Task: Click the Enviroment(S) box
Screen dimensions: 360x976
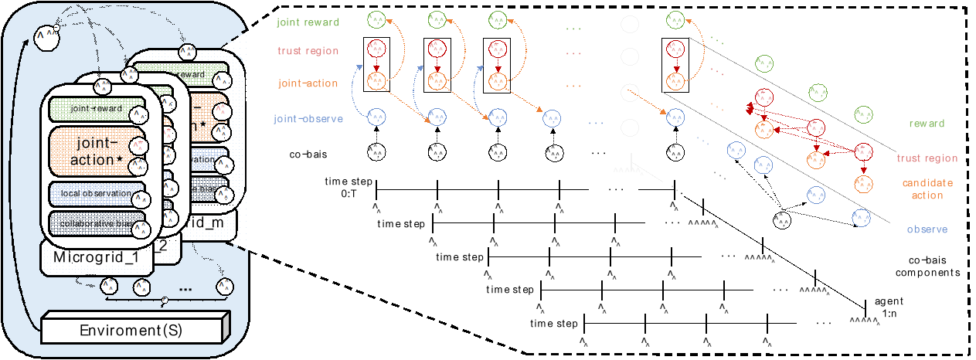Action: (x=131, y=331)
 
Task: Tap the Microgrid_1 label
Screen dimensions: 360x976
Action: (x=96, y=256)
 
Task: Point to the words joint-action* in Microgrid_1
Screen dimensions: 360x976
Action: (x=96, y=151)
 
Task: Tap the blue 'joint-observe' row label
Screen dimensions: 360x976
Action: (x=308, y=119)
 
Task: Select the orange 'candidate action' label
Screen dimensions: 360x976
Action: (x=926, y=189)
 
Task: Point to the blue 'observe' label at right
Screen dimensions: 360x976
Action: (x=927, y=229)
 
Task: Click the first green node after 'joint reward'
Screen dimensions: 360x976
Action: (x=376, y=19)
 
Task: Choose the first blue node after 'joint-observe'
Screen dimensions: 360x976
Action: (x=376, y=117)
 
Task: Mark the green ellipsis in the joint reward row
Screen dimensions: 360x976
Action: (x=573, y=29)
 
